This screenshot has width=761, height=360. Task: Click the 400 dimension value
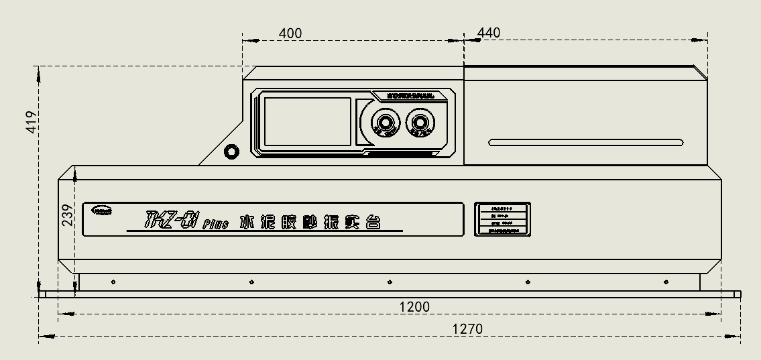click(290, 33)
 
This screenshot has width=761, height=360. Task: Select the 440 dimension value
click(489, 33)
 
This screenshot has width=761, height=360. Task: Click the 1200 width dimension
click(414, 307)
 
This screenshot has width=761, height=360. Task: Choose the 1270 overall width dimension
click(467, 329)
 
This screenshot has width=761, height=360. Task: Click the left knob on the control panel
click(386, 123)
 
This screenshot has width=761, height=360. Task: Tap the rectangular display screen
click(307, 121)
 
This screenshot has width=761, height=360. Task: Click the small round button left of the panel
click(231, 152)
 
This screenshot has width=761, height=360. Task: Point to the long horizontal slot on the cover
click(585, 142)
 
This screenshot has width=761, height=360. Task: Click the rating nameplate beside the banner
click(503, 219)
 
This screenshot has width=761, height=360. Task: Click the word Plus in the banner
click(216, 224)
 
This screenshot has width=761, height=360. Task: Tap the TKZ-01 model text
click(164, 220)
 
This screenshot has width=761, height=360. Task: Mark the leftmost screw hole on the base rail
click(113, 282)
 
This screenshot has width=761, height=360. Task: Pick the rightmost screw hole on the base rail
click(666, 282)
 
